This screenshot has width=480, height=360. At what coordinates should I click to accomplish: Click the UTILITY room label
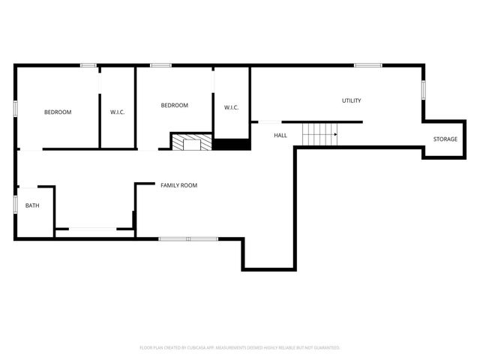[x=352, y=100]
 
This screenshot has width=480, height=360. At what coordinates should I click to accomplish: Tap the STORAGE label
[x=445, y=139]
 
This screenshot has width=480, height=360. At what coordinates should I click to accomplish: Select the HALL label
[x=280, y=135]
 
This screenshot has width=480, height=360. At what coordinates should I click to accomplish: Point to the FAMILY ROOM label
[x=178, y=184]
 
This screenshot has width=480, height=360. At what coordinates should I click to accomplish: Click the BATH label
[x=32, y=205]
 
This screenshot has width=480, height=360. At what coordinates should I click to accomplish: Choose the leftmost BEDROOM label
[x=58, y=112]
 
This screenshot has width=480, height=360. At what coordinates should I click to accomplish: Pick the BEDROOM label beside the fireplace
[x=175, y=105]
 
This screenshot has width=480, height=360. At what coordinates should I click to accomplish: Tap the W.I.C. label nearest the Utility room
[x=231, y=108]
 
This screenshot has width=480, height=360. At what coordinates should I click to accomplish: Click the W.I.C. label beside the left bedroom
[x=117, y=112]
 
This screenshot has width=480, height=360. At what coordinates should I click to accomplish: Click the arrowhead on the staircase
[x=334, y=135]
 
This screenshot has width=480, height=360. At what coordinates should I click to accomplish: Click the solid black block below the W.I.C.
[x=231, y=144]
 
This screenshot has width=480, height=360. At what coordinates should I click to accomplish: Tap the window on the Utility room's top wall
[x=368, y=65]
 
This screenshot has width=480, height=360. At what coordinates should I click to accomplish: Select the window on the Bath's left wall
[x=15, y=204]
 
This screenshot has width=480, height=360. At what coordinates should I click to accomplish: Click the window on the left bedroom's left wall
[x=15, y=108]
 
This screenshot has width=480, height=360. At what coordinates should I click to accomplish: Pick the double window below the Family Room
[x=187, y=239]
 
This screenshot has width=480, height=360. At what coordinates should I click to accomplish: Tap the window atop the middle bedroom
[x=157, y=65]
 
